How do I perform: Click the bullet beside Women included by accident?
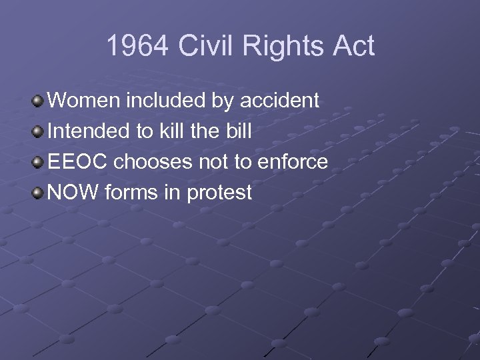[x=39, y=101]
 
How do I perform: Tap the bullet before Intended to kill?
[x=39, y=132]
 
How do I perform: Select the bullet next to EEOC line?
[x=39, y=163]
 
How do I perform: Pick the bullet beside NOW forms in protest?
[x=39, y=193]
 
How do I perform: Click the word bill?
[x=239, y=131]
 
